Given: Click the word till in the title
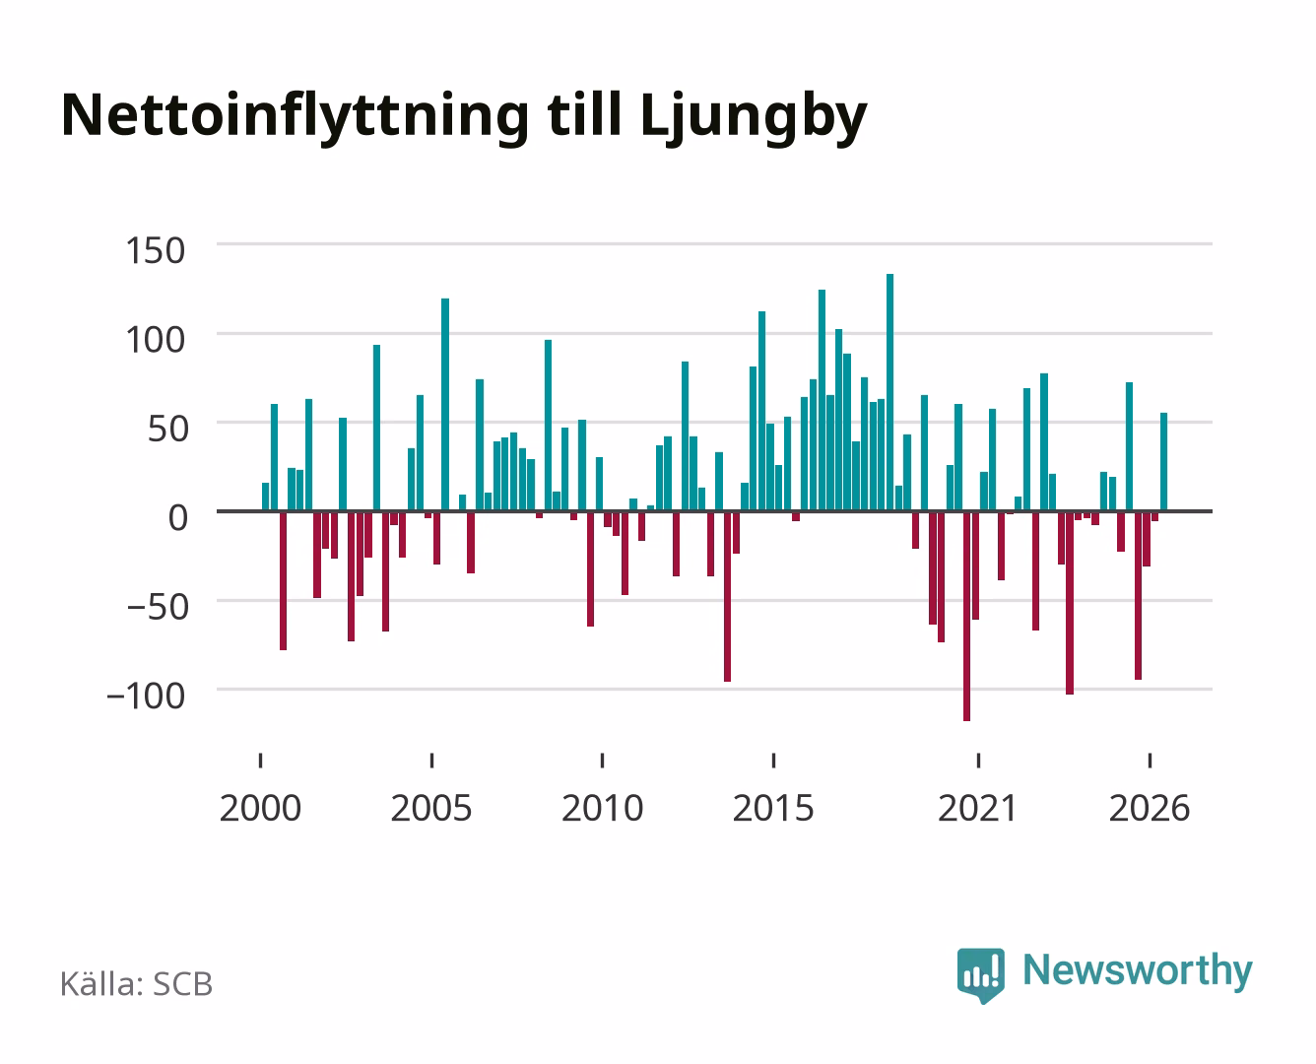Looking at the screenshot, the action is click(584, 114).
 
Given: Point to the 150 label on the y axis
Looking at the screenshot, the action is click(155, 251).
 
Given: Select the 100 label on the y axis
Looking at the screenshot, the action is click(155, 340).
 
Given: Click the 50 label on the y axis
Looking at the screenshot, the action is click(167, 429).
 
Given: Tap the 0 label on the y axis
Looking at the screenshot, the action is click(178, 518).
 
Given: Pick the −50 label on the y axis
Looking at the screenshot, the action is click(158, 607).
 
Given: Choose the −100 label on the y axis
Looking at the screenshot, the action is click(146, 696).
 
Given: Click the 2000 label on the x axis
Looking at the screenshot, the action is click(260, 808).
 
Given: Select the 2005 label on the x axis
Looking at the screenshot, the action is click(431, 808).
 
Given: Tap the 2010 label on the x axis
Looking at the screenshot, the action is click(603, 808).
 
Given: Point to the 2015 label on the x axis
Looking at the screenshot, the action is click(773, 808).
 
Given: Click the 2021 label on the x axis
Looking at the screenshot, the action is click(977, 808).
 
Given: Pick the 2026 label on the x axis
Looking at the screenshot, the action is click(1150, 808).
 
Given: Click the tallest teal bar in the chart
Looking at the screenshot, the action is click(889, 392).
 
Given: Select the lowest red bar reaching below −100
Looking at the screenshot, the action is click(966, 616).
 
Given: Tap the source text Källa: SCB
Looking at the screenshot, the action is click(136, 984).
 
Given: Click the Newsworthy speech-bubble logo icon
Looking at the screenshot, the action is click(980, 975).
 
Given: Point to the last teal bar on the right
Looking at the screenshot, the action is click(1163, 462).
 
